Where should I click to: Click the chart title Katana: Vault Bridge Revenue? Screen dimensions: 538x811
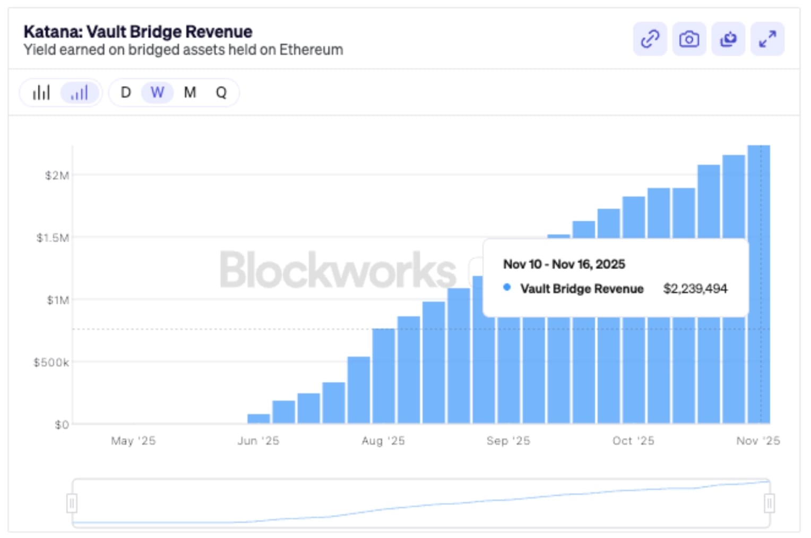click(x=138, y=32)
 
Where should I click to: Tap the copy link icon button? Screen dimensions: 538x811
click(x=650, y=39)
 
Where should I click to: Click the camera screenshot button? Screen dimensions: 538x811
click(x=689, y=39)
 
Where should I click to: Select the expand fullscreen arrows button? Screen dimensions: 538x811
click(x=767, y=39)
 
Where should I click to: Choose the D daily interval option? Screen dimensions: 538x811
click(x=126, y=93)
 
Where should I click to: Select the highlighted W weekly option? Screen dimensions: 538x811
click(x=157, y=93)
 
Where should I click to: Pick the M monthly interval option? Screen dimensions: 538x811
click(x=190, y=93)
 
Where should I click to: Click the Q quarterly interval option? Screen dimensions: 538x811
click(x=221, y=93)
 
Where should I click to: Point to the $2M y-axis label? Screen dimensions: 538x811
click(x=57, y=176)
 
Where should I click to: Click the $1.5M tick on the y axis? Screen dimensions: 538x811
click(x=53, y=238)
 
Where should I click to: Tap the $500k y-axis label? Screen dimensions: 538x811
click(x=51, y=362)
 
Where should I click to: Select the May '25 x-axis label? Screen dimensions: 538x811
click(x=133, y=441)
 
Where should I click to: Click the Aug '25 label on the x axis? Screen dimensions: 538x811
click(x=383, y=441)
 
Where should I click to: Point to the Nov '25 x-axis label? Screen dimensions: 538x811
click(x=758, y=441)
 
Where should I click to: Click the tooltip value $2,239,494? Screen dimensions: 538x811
click(x=695, y=289)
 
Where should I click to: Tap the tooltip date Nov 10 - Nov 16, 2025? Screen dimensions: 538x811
click(x=564, y=264)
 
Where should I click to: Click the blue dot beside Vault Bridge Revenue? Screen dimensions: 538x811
click(x=507, y=288)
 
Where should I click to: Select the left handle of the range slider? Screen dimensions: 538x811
click(x=72, y=503)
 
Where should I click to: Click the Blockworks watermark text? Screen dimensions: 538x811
click(x=338, y=271)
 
